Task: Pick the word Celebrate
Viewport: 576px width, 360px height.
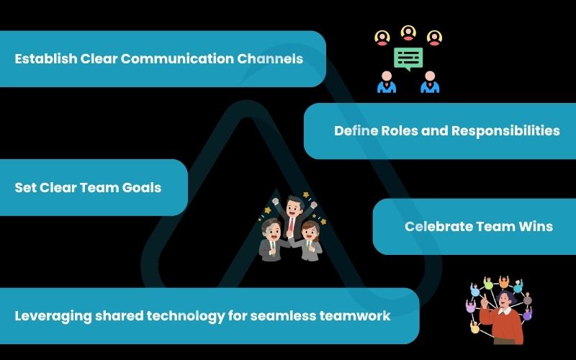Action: (438, 226)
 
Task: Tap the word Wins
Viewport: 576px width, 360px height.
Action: (536, 226)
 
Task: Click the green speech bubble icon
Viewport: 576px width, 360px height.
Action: (408, 58)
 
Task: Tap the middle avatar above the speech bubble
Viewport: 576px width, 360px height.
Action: (408, 32)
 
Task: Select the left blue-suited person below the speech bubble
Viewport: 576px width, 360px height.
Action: (387, 82)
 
